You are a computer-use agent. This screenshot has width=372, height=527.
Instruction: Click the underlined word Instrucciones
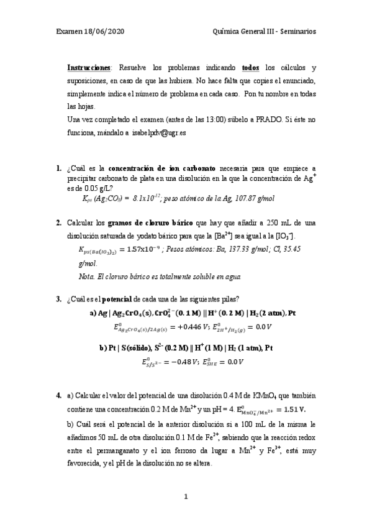(x=89, y=67)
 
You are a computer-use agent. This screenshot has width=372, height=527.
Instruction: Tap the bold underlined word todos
(x=250, y=67)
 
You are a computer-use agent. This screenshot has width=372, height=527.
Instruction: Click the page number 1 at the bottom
(x=185, y=497)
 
